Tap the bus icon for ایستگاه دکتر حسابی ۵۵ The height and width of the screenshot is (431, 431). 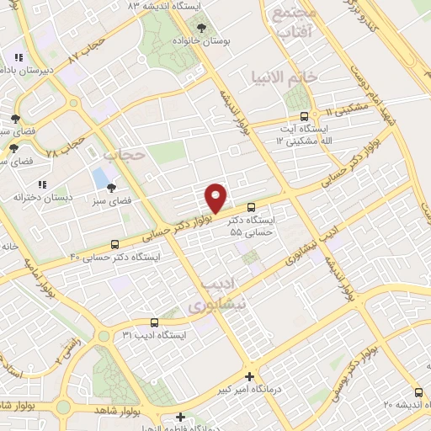click(x=251, y=207)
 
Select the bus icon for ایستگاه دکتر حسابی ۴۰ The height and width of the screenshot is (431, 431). click(x=114, y=244)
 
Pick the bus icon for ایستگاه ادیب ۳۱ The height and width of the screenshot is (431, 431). click(x=154, y=322)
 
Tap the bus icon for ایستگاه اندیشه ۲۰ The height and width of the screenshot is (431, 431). click(x=419, y=391)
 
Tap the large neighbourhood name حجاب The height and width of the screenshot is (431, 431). click(x=125, y=156)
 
